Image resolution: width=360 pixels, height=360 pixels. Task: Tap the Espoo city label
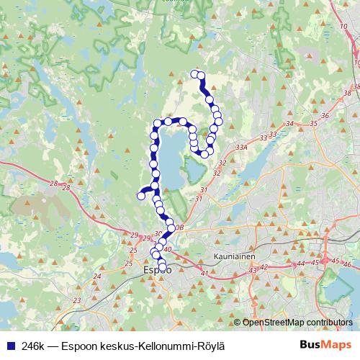click(157, 271)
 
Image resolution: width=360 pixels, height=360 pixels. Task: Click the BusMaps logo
click(325, 345)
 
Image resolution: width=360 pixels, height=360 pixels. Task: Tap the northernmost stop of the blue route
click(193, 73)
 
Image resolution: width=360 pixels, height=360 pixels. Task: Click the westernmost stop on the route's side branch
click(141, 196)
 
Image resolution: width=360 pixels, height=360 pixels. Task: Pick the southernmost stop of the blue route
click(162, 268)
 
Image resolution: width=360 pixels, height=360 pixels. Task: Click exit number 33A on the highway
click(241, 146)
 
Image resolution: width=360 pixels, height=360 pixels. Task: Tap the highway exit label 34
click(289, 124)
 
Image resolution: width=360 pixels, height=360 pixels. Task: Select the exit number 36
click(325, 115)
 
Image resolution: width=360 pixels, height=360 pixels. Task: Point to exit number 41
click(204, 274)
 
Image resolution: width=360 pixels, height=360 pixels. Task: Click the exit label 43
click(253, 269)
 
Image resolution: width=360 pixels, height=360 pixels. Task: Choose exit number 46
click(348, 264)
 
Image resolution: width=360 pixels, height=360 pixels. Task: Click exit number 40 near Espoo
click(167, 249)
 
